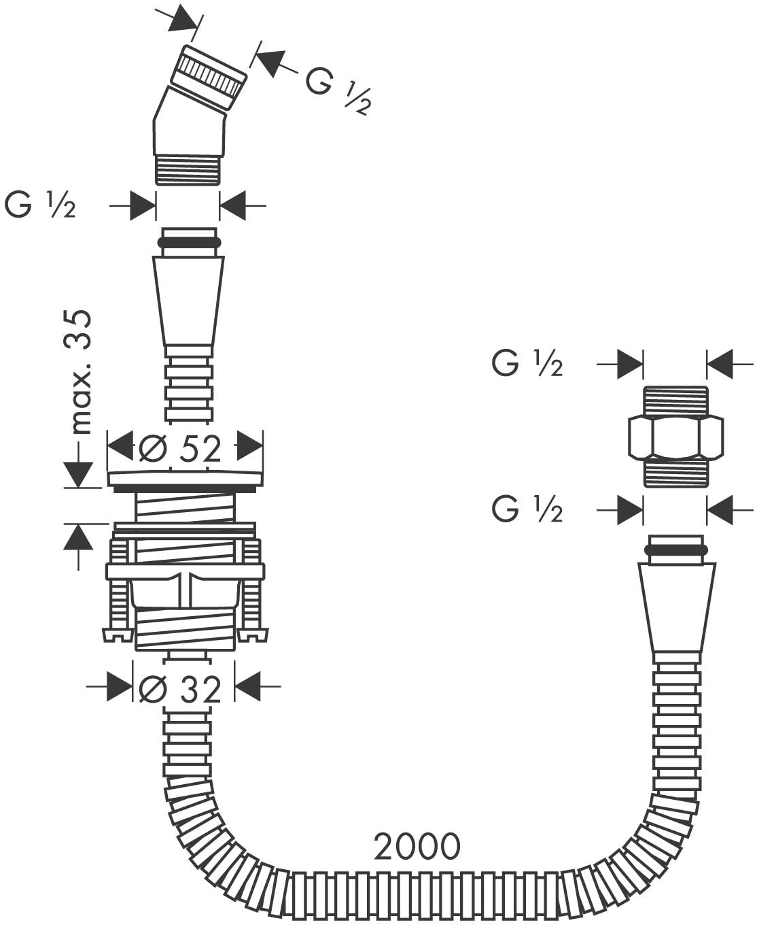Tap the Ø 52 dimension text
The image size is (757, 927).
point(180,449)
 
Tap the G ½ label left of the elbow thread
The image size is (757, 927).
point(40,205)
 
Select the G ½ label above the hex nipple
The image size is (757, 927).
point(527,364)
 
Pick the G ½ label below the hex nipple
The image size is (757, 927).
point(527,510)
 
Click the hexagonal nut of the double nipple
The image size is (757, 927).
point(676,438)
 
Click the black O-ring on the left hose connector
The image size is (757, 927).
point(189,243)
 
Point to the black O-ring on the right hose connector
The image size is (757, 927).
point(676,550)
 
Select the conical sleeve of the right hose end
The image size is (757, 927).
point(676,613)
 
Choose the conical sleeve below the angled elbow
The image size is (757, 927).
point(188,306)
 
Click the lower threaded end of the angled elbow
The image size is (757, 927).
point(188,169)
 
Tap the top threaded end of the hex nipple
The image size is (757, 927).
point(676,401)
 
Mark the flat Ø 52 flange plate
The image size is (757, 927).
point(186,480)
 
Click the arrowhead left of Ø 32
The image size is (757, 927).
point(120,686)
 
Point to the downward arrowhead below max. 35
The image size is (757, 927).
point(78,475)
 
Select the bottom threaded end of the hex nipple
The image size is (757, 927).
point(676,473)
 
